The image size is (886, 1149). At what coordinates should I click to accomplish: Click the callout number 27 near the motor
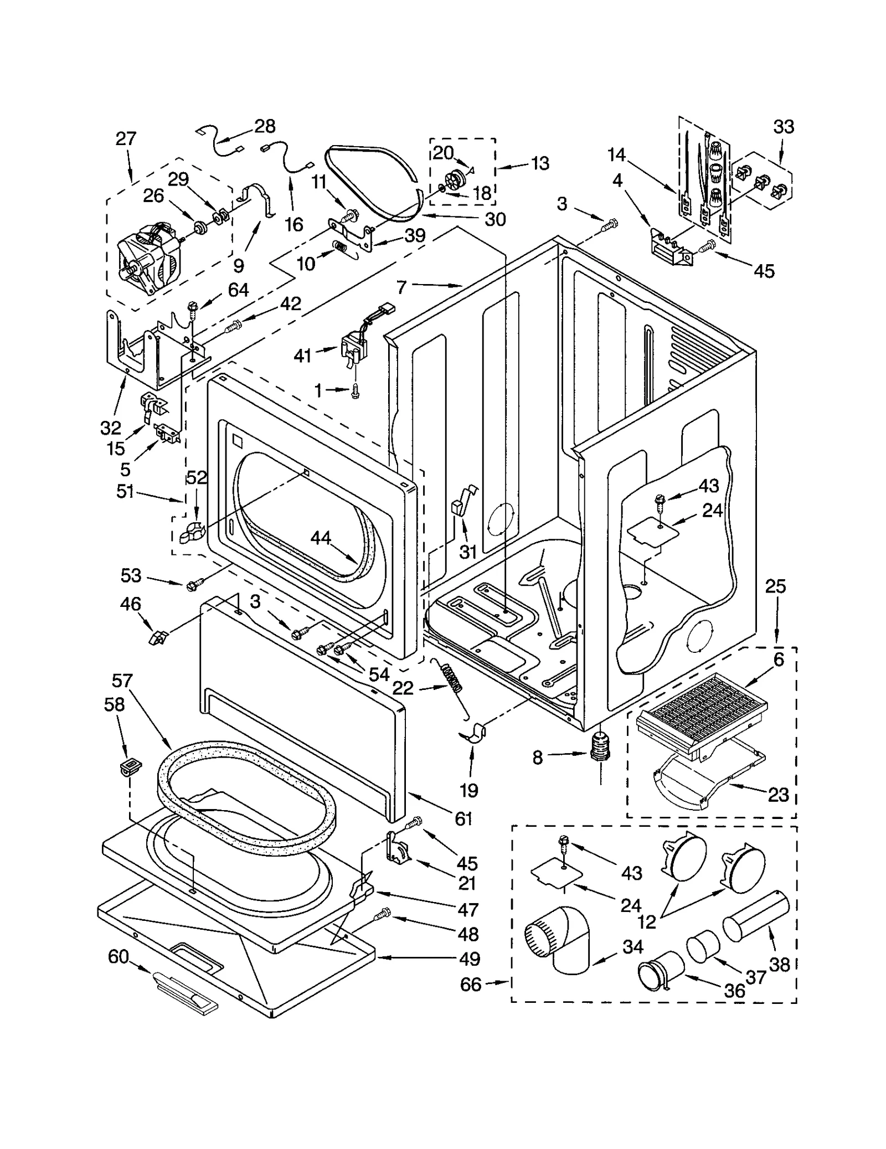pos(126,138)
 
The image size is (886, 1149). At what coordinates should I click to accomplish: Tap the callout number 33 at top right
pos(784,127)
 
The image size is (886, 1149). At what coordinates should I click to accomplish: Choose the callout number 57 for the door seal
pos(122,680)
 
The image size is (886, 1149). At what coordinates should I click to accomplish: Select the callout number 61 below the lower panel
pos(463,818)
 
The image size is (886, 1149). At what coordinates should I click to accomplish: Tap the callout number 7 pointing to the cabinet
pos(401,287)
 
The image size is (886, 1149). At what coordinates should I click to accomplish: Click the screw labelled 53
pos(195,583)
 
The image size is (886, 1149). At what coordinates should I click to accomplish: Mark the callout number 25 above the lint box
pos(775,586)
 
